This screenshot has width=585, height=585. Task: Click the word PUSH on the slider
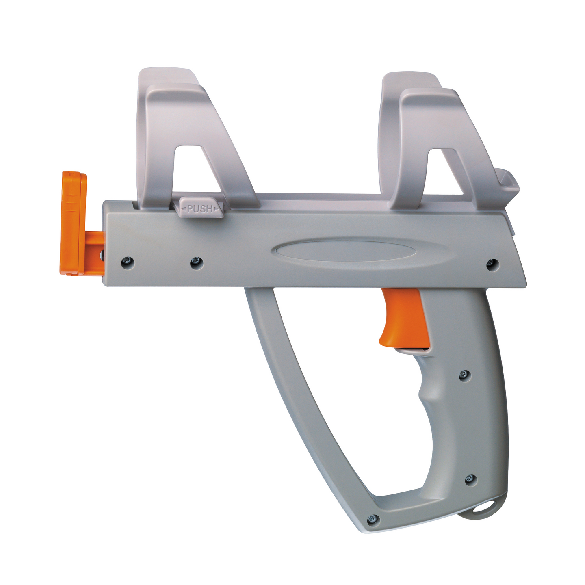coord(199,209)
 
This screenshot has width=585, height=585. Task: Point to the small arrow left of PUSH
coord(183,210)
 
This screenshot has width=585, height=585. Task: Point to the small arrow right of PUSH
coord(216,209)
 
